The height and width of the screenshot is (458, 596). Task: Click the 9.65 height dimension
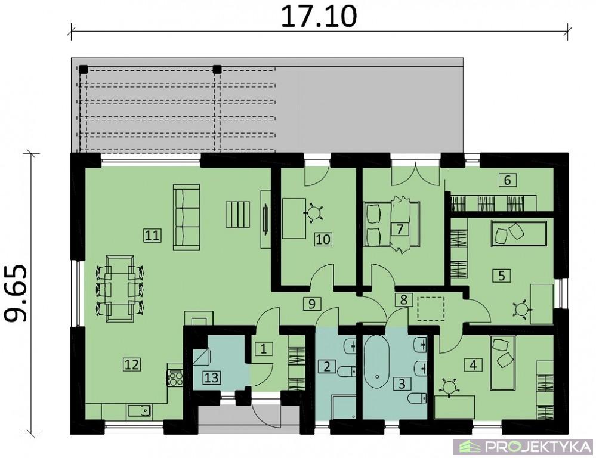[x=16, y=293]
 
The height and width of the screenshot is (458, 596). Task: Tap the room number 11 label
[x=152, y=236]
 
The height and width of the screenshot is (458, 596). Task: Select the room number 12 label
[x=131, y=364]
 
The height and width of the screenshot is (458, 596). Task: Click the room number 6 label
[x=508, y=180]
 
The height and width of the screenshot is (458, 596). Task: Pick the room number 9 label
[x=311, y=304]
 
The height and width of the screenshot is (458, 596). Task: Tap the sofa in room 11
[x=187, y=218]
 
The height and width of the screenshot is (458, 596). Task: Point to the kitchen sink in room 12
[x=140, y=411]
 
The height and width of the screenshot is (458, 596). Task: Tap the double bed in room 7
[x=391, y=224]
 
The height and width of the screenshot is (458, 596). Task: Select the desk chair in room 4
[x=450, y=387]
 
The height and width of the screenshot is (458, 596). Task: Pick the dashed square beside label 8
[x=431, y=309]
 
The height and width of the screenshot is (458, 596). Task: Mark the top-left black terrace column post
[x=84, y=70]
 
